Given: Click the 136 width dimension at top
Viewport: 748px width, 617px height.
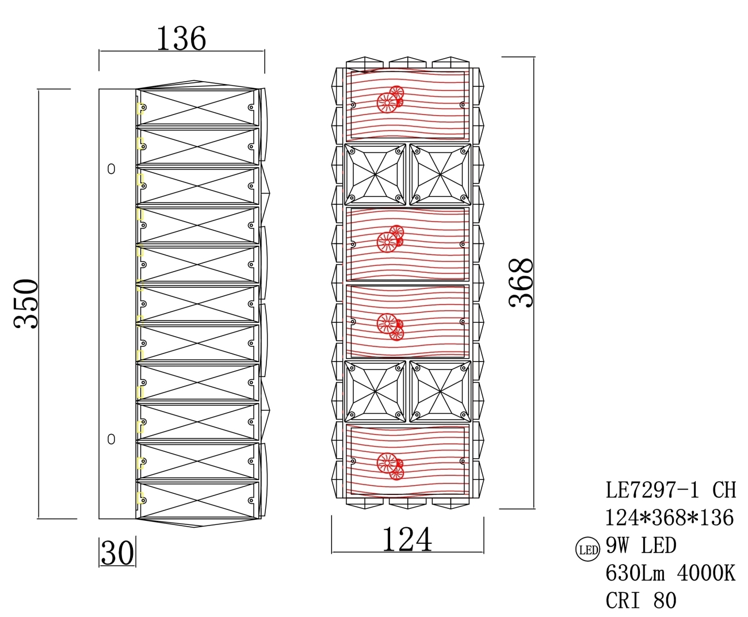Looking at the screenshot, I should (x=181, y=39).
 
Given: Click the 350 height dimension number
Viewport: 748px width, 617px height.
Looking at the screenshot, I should (x=26, y=303).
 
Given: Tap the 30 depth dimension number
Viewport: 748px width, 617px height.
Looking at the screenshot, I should (x=117, y=553).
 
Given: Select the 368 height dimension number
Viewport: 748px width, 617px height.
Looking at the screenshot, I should (x=522, y=282).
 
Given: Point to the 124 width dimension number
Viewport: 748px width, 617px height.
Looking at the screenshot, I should (x=407, y=540).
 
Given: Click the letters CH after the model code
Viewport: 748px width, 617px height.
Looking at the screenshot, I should (x=724, y=490).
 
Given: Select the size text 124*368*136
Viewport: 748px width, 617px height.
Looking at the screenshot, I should (x=670, y=517).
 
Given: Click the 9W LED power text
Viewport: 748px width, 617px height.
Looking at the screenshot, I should (x=641, y=545).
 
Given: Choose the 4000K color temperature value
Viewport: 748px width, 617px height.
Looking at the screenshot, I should (x=706, y=573).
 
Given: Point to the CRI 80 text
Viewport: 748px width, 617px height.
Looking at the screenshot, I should (x=641, y=600).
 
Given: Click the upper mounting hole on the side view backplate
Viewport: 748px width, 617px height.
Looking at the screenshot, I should (x=111, y=169).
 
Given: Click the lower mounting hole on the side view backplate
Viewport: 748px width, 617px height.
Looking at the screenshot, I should (x=111, y=439).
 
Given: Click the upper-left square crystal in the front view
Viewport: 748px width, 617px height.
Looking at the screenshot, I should (x=375, y=174).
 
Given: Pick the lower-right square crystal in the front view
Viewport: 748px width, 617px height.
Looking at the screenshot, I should (x=440, y=391).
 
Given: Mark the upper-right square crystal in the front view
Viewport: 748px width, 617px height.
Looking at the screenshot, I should (x=440, y=174).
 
